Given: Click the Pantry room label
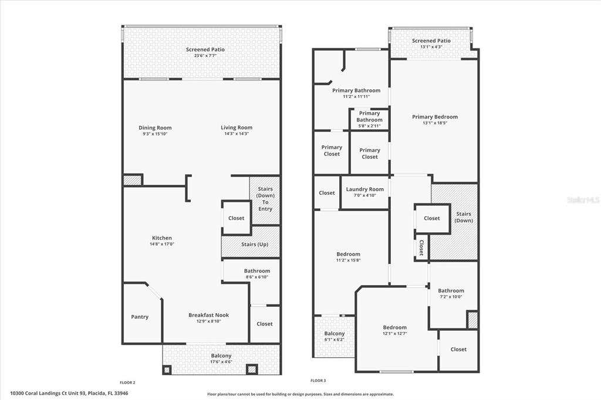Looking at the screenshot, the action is (x=140, y=317).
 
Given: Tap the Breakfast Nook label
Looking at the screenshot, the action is (x=208, y=315).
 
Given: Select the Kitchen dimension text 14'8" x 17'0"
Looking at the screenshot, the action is (x=162, y=244).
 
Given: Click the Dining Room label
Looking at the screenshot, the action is (x=155, y=128).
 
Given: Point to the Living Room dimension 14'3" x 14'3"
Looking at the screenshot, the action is (x=237, y=134).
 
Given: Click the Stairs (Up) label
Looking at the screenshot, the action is (x=255, y=245).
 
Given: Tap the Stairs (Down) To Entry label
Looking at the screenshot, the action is (x=265, y=199).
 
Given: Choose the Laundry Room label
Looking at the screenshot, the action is (x=364, y=189).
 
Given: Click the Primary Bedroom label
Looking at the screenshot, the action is (x=435, y=117).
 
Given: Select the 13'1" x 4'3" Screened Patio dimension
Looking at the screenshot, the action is (x=431, y=47).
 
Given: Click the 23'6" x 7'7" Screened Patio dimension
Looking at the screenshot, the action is (x=205, y=56).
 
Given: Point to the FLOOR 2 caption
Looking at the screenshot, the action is (x=127, y=382).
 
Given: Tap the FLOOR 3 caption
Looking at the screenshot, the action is (x=318, y=381).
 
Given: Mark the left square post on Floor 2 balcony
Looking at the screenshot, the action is (x=167, y=370).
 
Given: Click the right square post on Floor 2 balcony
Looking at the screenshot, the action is (x=251, y=370).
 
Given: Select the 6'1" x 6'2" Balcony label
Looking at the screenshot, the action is (x=334, y=337).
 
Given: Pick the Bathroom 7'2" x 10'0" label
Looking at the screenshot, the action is (x=451, y=293).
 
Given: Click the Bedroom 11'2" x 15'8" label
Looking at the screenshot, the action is (x=348, y=257).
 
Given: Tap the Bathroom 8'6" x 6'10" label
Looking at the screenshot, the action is (x=257, y=273).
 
